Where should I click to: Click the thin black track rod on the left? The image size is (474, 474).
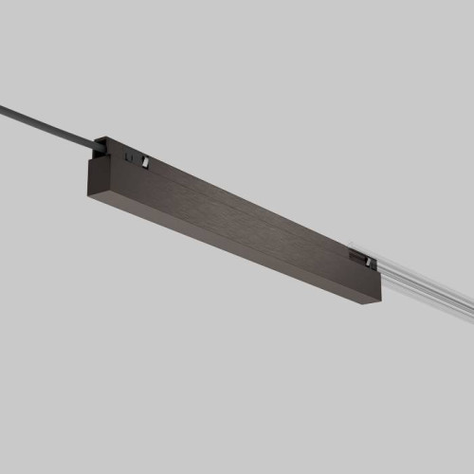point(47,122)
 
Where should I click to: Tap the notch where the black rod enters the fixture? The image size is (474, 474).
point(99,145)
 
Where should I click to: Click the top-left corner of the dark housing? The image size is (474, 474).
point(87,160)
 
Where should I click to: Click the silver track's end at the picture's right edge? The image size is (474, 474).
point(470,306)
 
